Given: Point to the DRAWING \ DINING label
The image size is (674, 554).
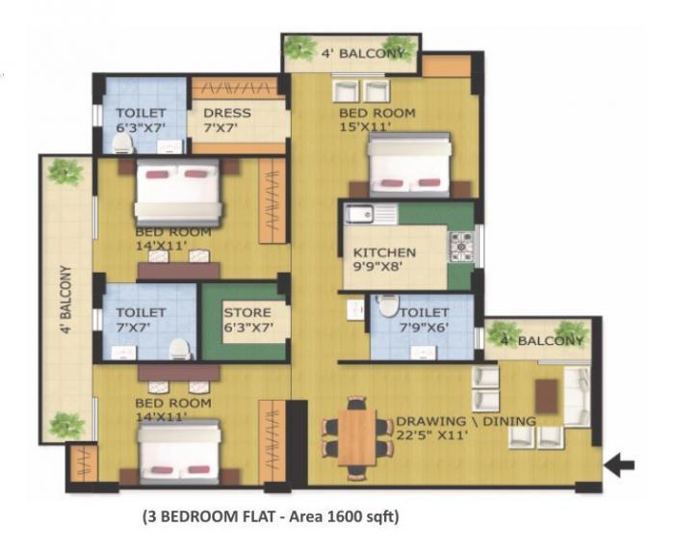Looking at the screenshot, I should pos(467,421).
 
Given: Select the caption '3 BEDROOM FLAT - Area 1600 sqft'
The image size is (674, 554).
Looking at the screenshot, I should pos(271,517).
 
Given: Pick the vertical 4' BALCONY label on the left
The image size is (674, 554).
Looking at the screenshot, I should pos(65,301).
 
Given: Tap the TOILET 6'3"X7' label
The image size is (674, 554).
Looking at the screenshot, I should pos(142,119).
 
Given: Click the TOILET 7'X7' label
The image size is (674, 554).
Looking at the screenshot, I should pos(141,320).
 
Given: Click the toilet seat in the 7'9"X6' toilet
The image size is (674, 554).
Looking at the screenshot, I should pos(387,305).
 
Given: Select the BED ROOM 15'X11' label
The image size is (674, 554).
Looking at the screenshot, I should pos(376,119).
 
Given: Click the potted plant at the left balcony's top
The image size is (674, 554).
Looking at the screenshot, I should pos(65,172).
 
